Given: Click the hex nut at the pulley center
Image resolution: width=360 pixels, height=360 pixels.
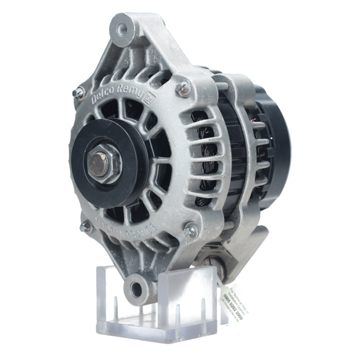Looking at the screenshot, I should (104, 164).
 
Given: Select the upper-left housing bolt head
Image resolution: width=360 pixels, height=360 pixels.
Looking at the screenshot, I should (78, 93).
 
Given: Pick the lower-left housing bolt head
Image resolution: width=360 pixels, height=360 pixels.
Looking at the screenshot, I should (85, 227).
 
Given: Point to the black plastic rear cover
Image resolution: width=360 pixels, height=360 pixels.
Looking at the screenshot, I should (279, 144).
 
